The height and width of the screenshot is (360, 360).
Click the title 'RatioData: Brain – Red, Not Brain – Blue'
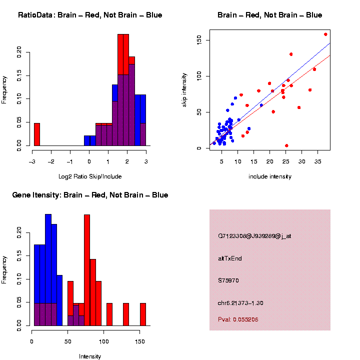point(90,15)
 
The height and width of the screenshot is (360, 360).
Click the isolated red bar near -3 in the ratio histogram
point(36,134)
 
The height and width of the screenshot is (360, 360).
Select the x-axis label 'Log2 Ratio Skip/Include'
point(90,176)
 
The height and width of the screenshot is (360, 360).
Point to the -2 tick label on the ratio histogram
point(51,161)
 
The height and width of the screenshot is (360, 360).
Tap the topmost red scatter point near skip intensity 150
point(325,34)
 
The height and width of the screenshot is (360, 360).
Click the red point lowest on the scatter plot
point(286,145)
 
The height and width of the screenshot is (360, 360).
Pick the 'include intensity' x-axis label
point(270,176)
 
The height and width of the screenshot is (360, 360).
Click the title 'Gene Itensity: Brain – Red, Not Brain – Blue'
point(90,195)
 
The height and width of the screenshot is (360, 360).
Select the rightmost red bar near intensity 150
point(143,314)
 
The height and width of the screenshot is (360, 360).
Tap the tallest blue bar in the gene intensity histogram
point(48,270)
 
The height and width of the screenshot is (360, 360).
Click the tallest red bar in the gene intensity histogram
point(87,270)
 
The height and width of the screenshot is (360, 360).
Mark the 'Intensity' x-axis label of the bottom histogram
point(90,356)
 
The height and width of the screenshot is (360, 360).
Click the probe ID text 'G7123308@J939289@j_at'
point(254,236)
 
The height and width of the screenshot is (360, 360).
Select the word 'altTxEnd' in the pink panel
point(230,258)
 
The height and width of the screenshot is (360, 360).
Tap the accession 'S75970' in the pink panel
point(228,280)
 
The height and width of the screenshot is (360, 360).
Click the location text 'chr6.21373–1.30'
point(240,303)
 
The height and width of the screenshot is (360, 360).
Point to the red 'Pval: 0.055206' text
point(238,319)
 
